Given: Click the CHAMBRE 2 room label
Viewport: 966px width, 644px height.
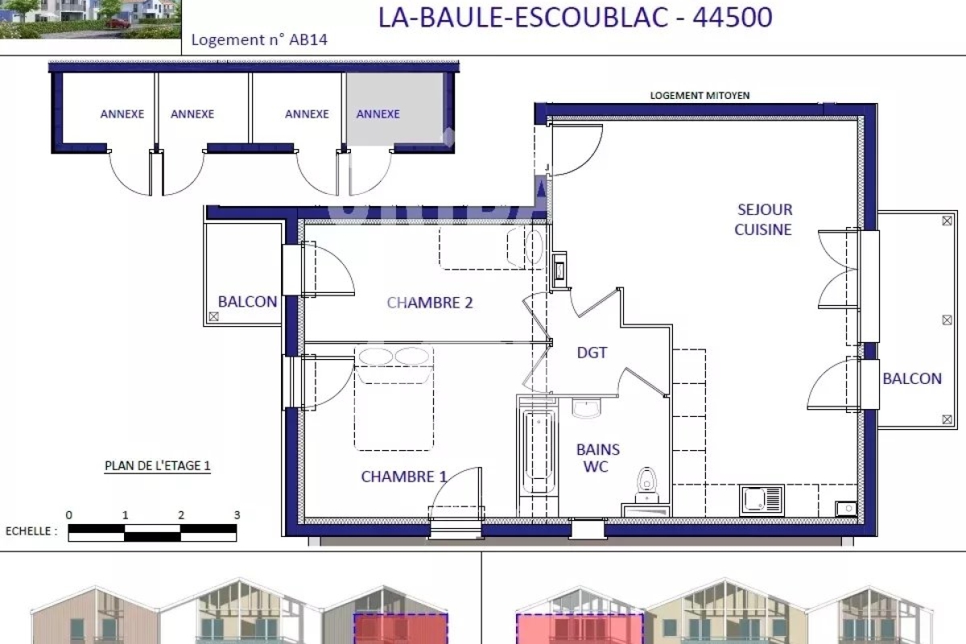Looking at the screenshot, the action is pyautogui.click(x=430, y=303).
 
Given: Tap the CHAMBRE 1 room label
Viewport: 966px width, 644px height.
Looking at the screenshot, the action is pyautogui.click(x=403, y=477).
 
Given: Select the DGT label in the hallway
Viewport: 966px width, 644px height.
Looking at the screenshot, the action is pyautogui.click(x=592, y=353).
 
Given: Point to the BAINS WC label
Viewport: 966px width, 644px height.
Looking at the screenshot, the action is pyautogui.click(x=597, y=458).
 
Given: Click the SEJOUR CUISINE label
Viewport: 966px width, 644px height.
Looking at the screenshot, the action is pyautogui.click(x=764, y=220).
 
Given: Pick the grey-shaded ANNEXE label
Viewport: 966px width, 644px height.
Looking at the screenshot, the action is pyautogui.click(x=378, y=114).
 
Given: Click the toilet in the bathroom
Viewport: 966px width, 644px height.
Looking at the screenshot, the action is pyautogui.click(x=646, y=485).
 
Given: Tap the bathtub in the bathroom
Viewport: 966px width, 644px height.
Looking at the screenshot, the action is pyautogui.click(x=539, y=452).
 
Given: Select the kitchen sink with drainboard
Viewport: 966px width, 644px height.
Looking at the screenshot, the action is pyautogui.click(x=762, y=500).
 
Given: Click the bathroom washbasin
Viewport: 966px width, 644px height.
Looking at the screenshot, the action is pyautogui.click(x=587, y=408).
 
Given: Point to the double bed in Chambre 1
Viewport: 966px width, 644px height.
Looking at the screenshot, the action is pyautogui.click(x=394, y=398).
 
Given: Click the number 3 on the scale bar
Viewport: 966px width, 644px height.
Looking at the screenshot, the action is pyautogui.click(x=237, y=514).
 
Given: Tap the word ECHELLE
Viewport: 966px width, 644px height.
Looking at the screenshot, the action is pyautogui.click(x=28, y=531).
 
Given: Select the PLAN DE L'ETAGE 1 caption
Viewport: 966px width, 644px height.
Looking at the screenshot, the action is pyautogui.click(x=158, y=466).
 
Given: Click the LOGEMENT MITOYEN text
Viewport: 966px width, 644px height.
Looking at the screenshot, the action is pyautogui.click(x=700, y=95).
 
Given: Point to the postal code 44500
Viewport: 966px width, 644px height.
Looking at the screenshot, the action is pyautogui.click(x=733, y=17).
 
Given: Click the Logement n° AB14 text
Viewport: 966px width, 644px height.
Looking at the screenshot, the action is pyautogui.click(x=259, y=39).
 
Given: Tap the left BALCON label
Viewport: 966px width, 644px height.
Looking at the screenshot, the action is pyautogui.click(x=247, y=302).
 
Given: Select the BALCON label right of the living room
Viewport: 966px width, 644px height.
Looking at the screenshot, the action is pyautogui.click(x=912, y=378).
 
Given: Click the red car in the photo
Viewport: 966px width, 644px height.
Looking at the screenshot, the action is pyautogui.click(x=118, y=23).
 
